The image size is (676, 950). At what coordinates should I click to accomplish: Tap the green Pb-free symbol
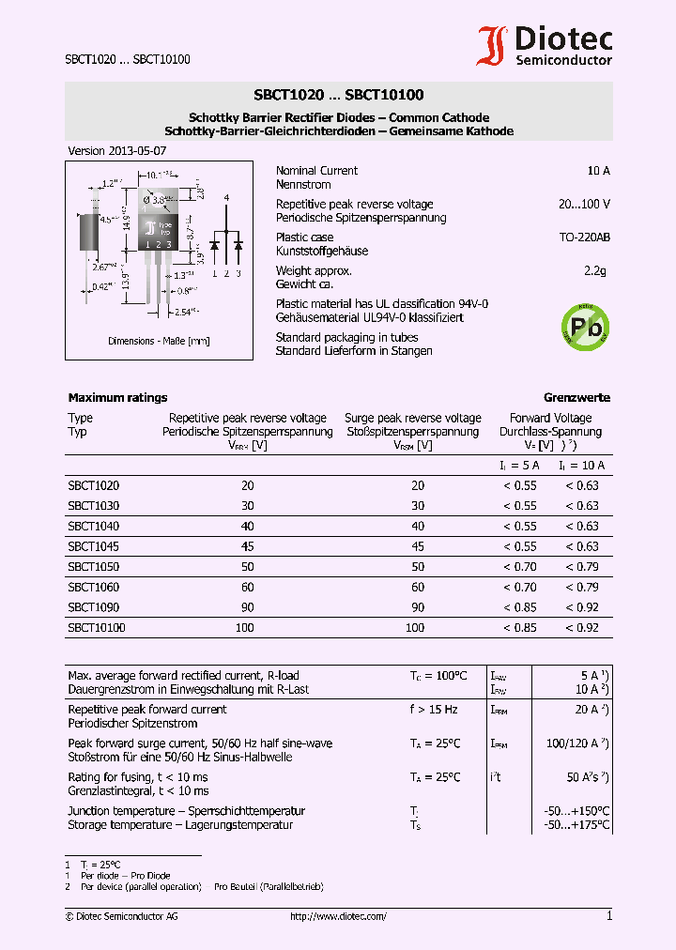pos(583,326)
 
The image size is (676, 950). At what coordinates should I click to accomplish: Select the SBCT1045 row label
pos(93,546)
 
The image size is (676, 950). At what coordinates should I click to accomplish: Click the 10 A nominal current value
pos(598,171)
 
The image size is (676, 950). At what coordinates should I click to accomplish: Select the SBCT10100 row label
pos(97,628)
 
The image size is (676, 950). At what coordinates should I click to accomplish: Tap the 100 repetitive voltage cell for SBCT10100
pos(247,628)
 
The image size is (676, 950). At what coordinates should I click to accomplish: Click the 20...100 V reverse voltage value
pos(584,204)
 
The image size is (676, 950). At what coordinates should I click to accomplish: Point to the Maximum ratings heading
pos(117,398)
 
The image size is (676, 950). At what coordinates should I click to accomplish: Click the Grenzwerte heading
pos(576,398)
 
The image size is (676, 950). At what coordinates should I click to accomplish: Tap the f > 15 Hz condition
pos(434,710)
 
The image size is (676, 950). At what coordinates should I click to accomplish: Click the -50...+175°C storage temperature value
pos(576,825)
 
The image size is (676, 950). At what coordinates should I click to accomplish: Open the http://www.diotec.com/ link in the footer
pos(338,916)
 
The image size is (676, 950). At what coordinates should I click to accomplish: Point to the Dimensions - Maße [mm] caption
pos(159,341)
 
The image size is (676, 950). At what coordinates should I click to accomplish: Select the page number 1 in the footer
pos(608,916)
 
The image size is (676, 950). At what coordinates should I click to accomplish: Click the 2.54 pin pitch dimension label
pos(183,310)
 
